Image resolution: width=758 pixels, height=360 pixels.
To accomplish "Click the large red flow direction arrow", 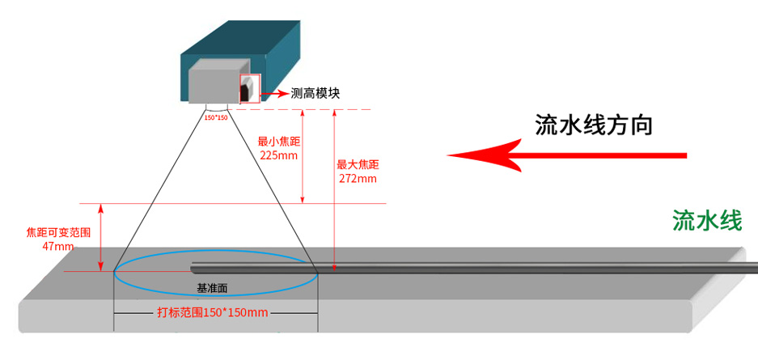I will [x=566, y=154].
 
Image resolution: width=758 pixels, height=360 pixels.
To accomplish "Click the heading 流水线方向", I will [x=594, y=125].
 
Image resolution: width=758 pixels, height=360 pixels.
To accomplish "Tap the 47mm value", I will [x=58, y=246].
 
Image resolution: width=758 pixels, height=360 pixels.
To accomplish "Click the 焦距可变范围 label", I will [x=58, y=232].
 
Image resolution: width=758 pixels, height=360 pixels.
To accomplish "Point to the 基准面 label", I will [x=214, y=288].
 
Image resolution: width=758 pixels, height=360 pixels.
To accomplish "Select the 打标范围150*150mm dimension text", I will [x=212, y=312].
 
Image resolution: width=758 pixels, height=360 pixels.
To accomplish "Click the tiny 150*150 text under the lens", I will [x=216, y=118].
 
